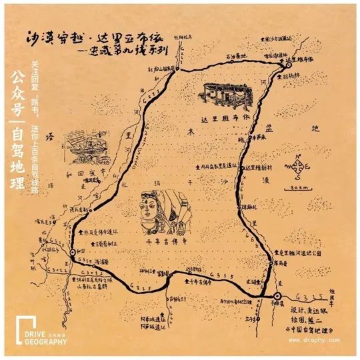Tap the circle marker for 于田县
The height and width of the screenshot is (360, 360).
pos(277,295)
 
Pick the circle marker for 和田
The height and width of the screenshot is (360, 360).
pos(73,252)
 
